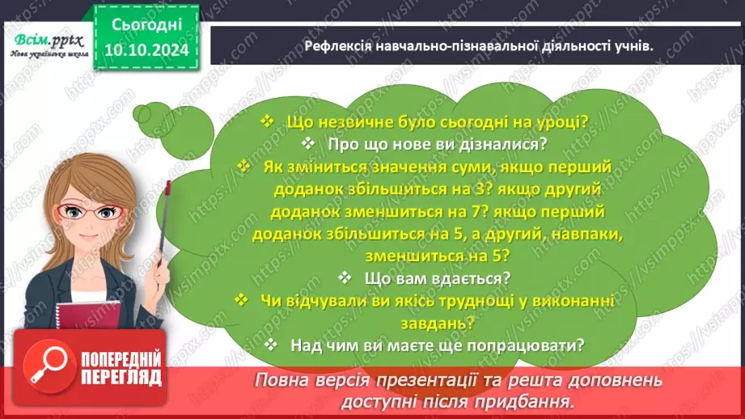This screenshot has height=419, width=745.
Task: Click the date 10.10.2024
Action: [x=148, y=50]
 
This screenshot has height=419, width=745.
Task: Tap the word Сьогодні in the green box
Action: [x=148, y=26]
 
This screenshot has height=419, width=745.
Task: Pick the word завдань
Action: [x=447, y=321]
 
